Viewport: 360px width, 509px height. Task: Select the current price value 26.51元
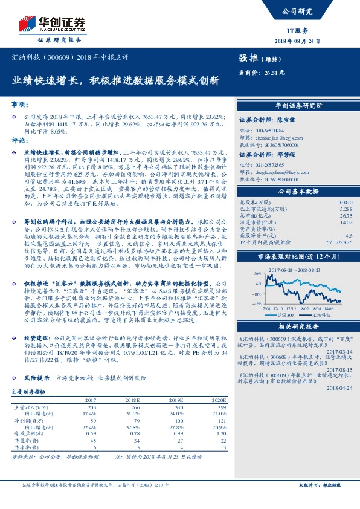coord(275,72)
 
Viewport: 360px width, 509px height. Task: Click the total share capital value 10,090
coord(345,202)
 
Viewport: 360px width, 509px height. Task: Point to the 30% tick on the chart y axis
coord(258,273)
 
